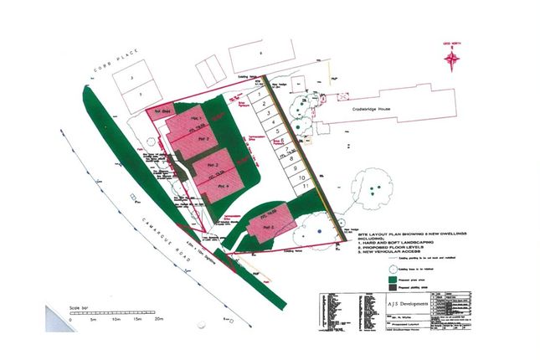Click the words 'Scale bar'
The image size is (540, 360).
click(78, 307)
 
